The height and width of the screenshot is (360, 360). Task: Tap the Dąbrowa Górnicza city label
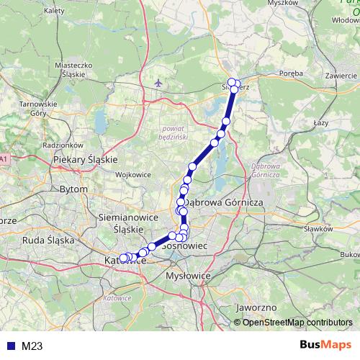(225, 203)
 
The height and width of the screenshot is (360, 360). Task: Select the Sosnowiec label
(186, 246)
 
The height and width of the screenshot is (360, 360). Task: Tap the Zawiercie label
(341, 76)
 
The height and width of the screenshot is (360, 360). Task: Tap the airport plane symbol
(158, 84)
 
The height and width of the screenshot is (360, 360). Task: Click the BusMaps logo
(325, 345)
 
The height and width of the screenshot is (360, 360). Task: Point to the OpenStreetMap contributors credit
(297, 322)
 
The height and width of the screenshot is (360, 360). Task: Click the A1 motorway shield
(4, 158)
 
